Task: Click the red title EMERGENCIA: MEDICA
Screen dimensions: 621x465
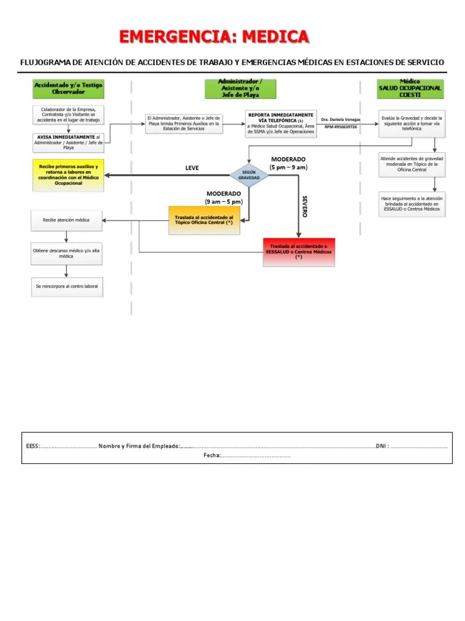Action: [x=214, y=37]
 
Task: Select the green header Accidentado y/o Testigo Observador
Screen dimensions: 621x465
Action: [x=68, y=89]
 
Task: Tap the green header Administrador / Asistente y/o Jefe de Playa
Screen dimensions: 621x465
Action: [x=240, y=89]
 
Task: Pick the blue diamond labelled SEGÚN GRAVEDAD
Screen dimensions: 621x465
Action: [x=249, y=175]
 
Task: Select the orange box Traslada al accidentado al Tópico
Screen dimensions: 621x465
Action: [x=204, y=220]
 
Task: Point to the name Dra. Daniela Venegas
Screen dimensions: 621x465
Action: [x=340, y=119]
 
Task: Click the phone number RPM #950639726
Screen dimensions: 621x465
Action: [x=340, y=127]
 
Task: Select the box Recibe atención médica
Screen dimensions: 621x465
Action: [x=67, y=220]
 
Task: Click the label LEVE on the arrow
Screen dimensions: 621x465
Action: [x=191, y=168]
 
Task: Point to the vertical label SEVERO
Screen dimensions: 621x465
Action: [x=305, y=206]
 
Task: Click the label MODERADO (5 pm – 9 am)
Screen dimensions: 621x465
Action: [x=289, y=163]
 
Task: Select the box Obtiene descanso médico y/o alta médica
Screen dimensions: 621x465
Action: [x=67, y=253]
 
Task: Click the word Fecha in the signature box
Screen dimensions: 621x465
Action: [x=211, y=455]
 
